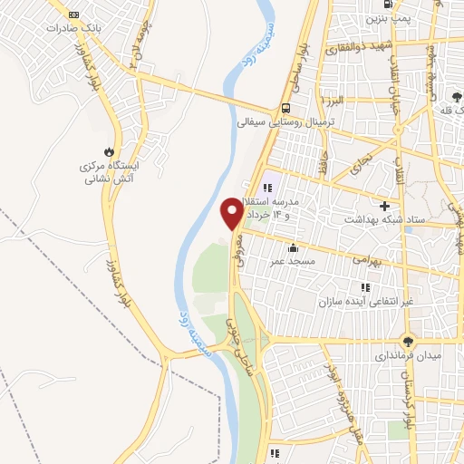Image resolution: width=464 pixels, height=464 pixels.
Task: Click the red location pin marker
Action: coord(232,212)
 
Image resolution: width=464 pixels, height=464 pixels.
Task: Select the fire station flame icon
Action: coord(111,150)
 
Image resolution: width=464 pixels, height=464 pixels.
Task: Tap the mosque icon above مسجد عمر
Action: coord(292,247)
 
